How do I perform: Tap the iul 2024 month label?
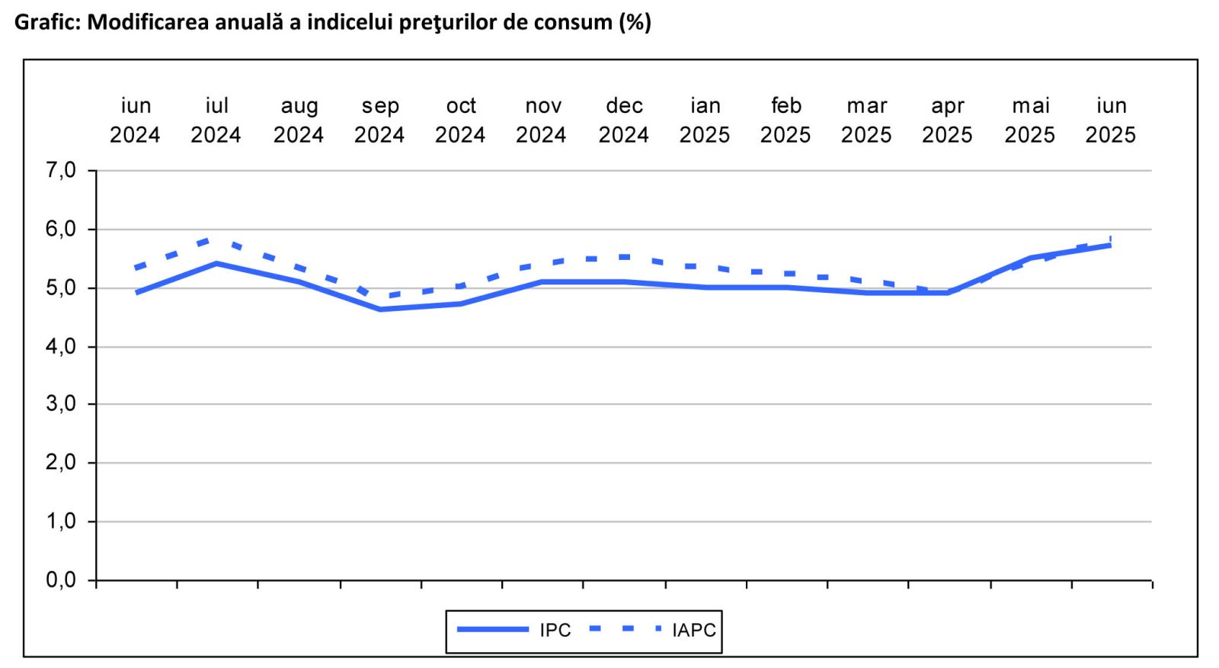tap(216, 120)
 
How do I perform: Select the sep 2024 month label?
tap(379, 120)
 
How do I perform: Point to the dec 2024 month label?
tap(624, 120)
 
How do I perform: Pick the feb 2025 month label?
tap(785, 120)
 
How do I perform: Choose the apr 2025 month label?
tap(947, 120)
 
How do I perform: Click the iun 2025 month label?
tap(1110, 120)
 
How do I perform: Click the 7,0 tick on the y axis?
tap(61, 170)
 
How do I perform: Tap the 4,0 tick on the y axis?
tap(61, 346)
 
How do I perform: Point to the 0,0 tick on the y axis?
tap(61, 580)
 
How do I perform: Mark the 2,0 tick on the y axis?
tap(61, 463)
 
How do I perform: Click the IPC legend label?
tap(555, 631)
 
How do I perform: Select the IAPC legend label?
tap(693, 631)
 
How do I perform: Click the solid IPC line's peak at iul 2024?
tap(216, 264)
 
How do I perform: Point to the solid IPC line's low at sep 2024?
tap(379, 309)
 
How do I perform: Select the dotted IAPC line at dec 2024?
tap(624, 257)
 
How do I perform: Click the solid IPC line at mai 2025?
tap(1030, 259)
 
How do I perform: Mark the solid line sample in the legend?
tap(493, 630)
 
